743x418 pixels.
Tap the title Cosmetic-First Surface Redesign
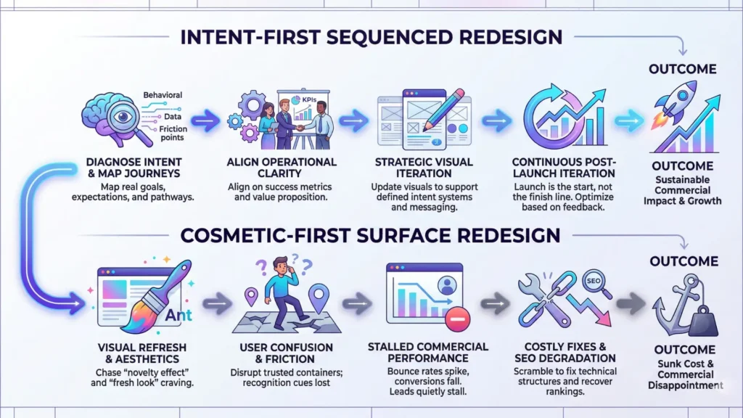(x=371, y=235)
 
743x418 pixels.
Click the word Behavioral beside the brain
(x=163, y=96)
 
